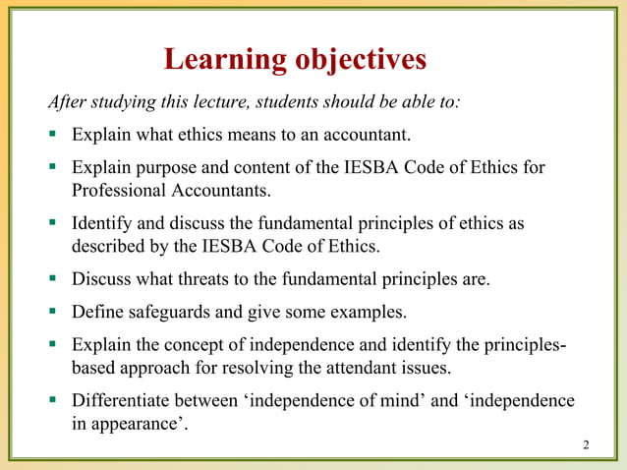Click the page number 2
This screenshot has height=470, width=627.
tap(586, 446)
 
